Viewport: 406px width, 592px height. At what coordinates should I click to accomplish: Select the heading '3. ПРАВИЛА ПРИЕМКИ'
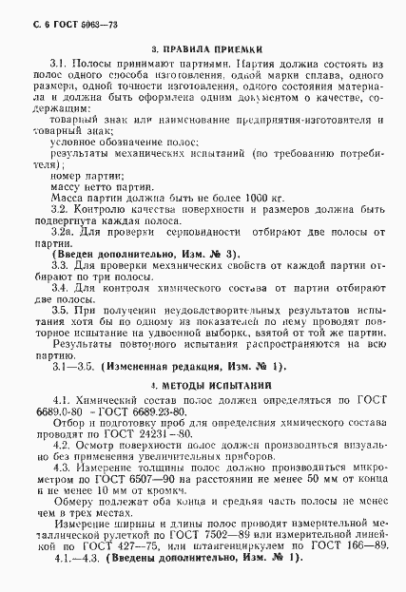coord(203,48)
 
